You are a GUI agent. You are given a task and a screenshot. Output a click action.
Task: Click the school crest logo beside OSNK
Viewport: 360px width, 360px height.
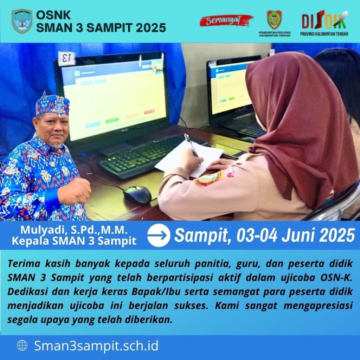[x=22, y=21]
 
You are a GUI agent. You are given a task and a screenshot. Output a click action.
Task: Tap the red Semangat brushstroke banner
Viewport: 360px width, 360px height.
[x=226, y=21]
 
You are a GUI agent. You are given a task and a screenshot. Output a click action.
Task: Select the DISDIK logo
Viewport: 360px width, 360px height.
[x=324, y=23]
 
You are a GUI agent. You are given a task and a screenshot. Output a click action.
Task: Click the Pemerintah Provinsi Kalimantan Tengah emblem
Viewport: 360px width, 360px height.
[x=274, y=20]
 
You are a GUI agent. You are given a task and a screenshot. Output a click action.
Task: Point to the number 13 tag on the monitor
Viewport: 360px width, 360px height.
[x=66, y=58]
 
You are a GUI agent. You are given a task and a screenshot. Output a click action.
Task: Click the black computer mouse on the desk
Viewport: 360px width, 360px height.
[x=137, y=195]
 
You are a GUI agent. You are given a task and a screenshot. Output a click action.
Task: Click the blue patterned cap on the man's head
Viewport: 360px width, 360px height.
[x=52, y=104]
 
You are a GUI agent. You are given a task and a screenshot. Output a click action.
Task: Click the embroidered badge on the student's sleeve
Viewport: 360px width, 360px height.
[x=210, y=178]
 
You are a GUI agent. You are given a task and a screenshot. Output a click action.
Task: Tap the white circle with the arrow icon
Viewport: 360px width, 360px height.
[x=159, y=235]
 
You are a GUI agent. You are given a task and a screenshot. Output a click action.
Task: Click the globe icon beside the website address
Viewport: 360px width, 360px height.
[x=22, y=346]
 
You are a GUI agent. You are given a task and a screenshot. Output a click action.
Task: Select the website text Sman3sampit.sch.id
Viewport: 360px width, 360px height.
[x=96, y=346]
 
